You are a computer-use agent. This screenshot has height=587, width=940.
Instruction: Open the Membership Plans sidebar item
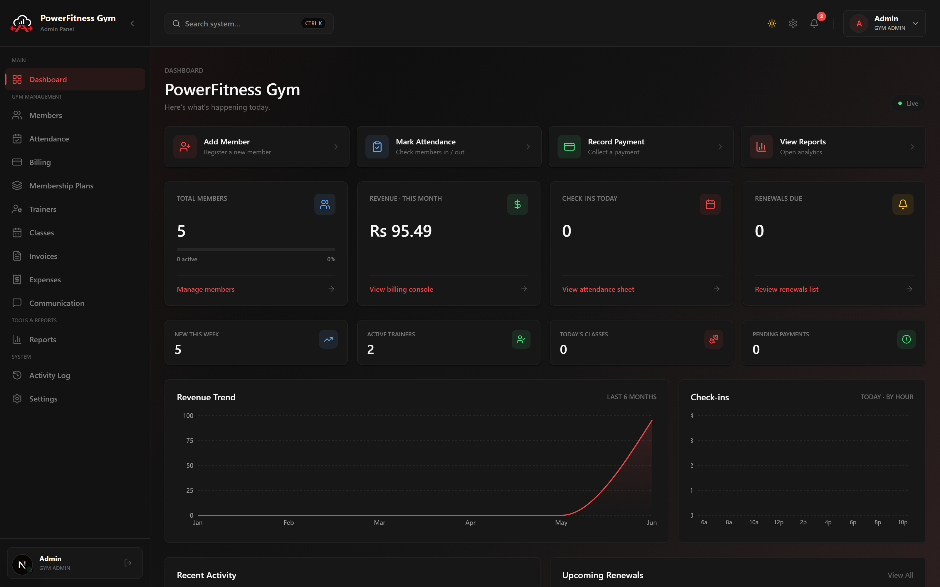[61, 185]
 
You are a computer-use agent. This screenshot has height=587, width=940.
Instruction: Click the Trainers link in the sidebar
[43, 209]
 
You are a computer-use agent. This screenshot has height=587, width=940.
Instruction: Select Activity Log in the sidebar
[50, 375]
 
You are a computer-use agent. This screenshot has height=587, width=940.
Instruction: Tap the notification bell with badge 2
[814, 24]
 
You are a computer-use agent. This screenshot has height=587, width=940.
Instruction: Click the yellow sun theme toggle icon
[772, 24]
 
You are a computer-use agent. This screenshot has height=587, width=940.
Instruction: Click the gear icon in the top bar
[793, 24]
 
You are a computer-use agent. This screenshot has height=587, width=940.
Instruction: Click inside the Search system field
[241, 24]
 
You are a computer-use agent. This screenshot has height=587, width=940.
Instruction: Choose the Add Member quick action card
[257, 147]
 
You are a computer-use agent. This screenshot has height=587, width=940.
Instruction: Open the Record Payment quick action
[641, 147]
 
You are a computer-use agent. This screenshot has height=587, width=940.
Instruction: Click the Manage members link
[206, 289]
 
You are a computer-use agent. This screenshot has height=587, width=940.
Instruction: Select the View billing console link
[401, 289]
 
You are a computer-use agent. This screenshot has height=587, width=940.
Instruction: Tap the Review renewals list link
[787, 289]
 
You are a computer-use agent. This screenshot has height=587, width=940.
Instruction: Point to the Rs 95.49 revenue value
[400, 231]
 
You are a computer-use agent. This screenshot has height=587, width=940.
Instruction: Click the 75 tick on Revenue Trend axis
[189, 441]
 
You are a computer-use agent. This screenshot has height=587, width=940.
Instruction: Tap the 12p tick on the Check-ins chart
[778, 522]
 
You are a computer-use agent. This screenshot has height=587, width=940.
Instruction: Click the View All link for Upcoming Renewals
[900, 575]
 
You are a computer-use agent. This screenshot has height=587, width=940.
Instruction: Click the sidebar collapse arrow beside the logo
[132, 24]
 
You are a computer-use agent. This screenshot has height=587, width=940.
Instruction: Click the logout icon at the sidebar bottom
[128, 563]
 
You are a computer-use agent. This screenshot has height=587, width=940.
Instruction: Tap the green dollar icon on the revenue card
[517, 204]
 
